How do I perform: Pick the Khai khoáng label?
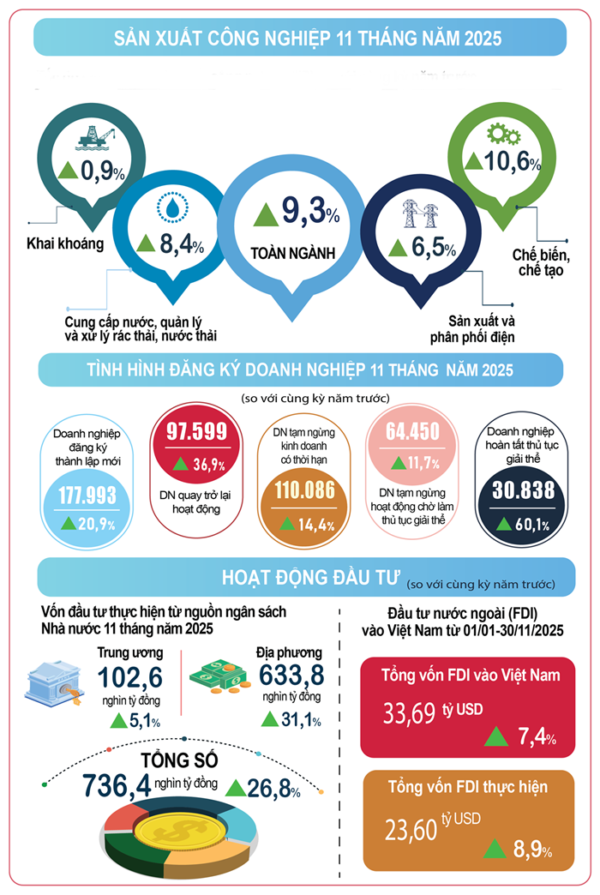pos(65,243)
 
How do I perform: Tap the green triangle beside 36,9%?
pos(182,465)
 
